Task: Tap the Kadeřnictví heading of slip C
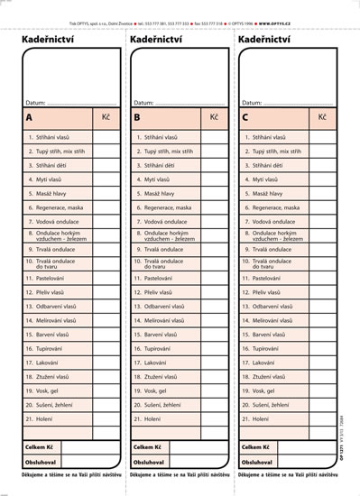(264, 40)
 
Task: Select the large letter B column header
(137, 117)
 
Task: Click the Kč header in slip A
(106, 117)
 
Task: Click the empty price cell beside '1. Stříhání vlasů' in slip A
(106, 137)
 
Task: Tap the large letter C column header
(245, 117)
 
